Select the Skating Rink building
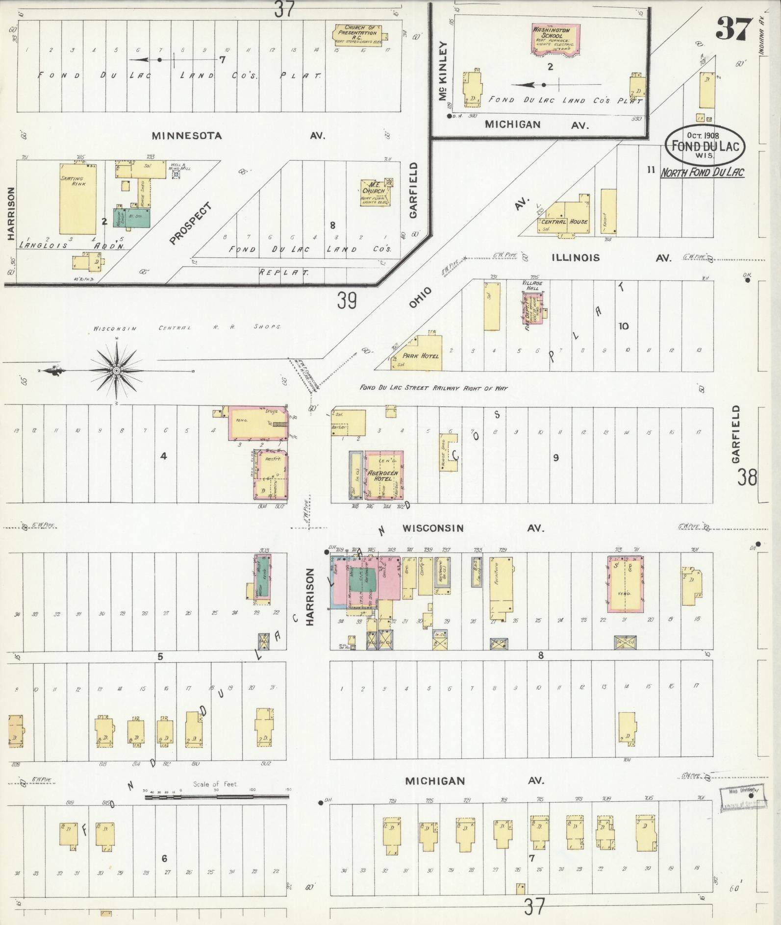pyautogui.click(x=77, y=199)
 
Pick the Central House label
pyautogui.click(x=564, y=222)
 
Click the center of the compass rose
pyautogui.click(x=116, y=371)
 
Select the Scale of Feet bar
pyautogui.click(x=216, y=798)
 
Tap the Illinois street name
pyautogui.click(x=576, y=258)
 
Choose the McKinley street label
pyautogui.click(x=444, y=71)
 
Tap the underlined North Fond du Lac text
pyautogui.click(x=702, y=173)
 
